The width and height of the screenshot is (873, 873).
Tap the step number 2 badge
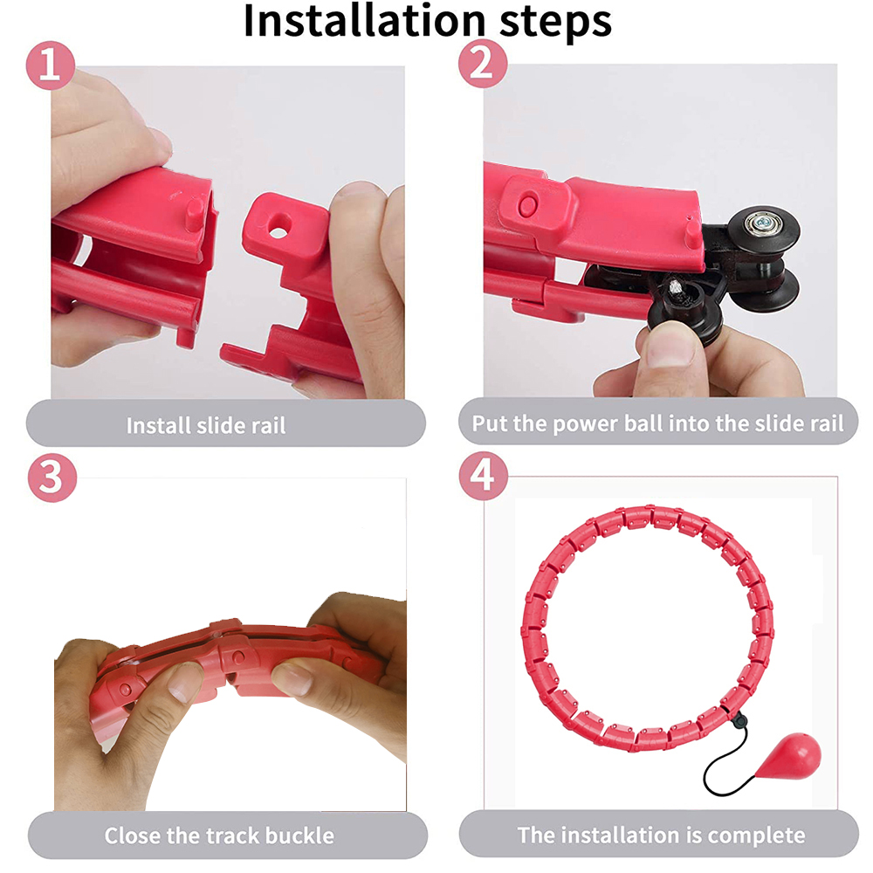pyautogui.click(x=482, y=65)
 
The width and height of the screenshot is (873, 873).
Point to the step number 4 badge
pyautogui.click(x=483, y=478)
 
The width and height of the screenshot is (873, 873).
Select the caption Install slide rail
pyautogui.click(x=206, y=426)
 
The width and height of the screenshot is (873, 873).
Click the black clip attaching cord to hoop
pyautogui.click(x=739, y=720)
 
